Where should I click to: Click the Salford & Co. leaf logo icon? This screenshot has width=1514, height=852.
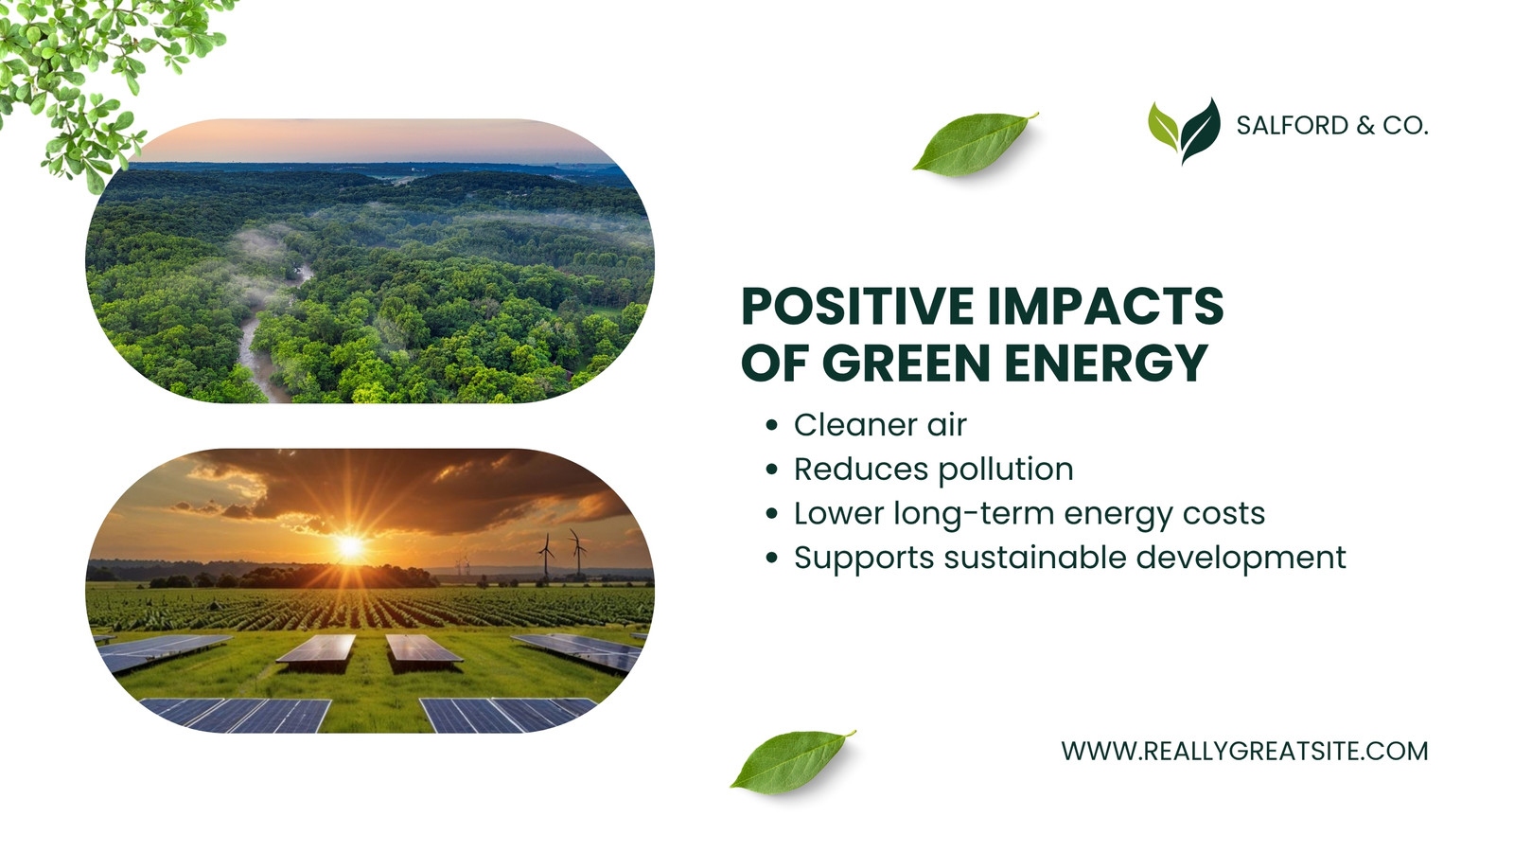pos(1184,131)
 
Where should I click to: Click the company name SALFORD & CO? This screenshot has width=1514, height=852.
pos(1332,126)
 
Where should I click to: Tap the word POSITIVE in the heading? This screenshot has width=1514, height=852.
pos(857,307)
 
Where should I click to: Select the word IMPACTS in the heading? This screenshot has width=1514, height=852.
pos(1106,307)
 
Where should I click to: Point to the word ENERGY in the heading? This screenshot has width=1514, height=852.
pos(1106,364)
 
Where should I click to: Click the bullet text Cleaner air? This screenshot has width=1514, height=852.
pos(880,425)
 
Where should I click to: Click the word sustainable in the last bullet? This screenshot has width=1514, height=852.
pos(1033,558)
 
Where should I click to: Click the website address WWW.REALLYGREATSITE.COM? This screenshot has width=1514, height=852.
pos(1244,752)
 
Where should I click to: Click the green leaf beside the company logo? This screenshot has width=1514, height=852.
pos(974,145)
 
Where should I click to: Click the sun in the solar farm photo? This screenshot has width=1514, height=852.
pos(350,545)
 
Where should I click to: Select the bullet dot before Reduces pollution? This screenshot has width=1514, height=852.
pos(772,470)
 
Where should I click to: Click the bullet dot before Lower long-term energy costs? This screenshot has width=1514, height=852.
pos(772,514)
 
